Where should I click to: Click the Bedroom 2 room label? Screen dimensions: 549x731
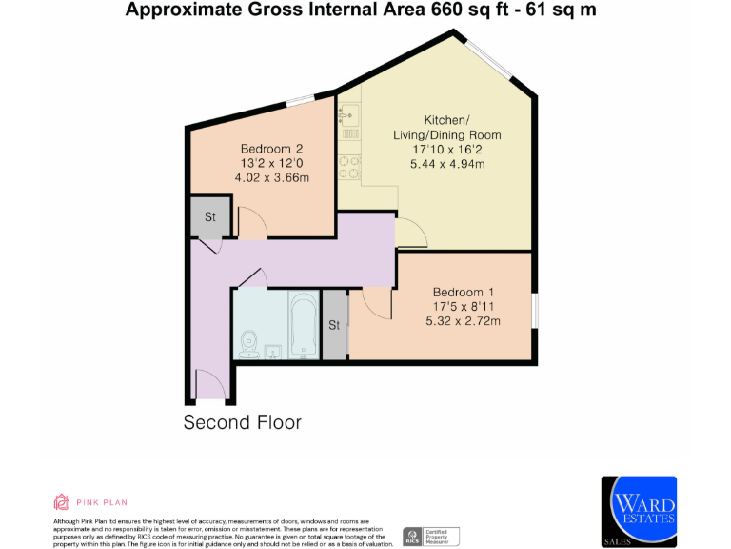point(271,149)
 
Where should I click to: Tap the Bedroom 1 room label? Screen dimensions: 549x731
point(464,292)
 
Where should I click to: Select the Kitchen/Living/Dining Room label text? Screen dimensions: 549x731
point(446,134)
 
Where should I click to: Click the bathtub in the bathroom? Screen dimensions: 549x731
point(304,327)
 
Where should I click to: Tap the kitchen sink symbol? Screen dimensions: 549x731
point(346,119)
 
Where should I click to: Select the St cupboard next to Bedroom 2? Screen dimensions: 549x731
point(209,217)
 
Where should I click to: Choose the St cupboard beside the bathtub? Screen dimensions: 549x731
point(334,325)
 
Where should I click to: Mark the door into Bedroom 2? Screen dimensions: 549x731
point(251,223)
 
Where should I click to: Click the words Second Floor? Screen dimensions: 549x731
point(242,421)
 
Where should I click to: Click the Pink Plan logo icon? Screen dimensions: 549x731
point(61,502)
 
